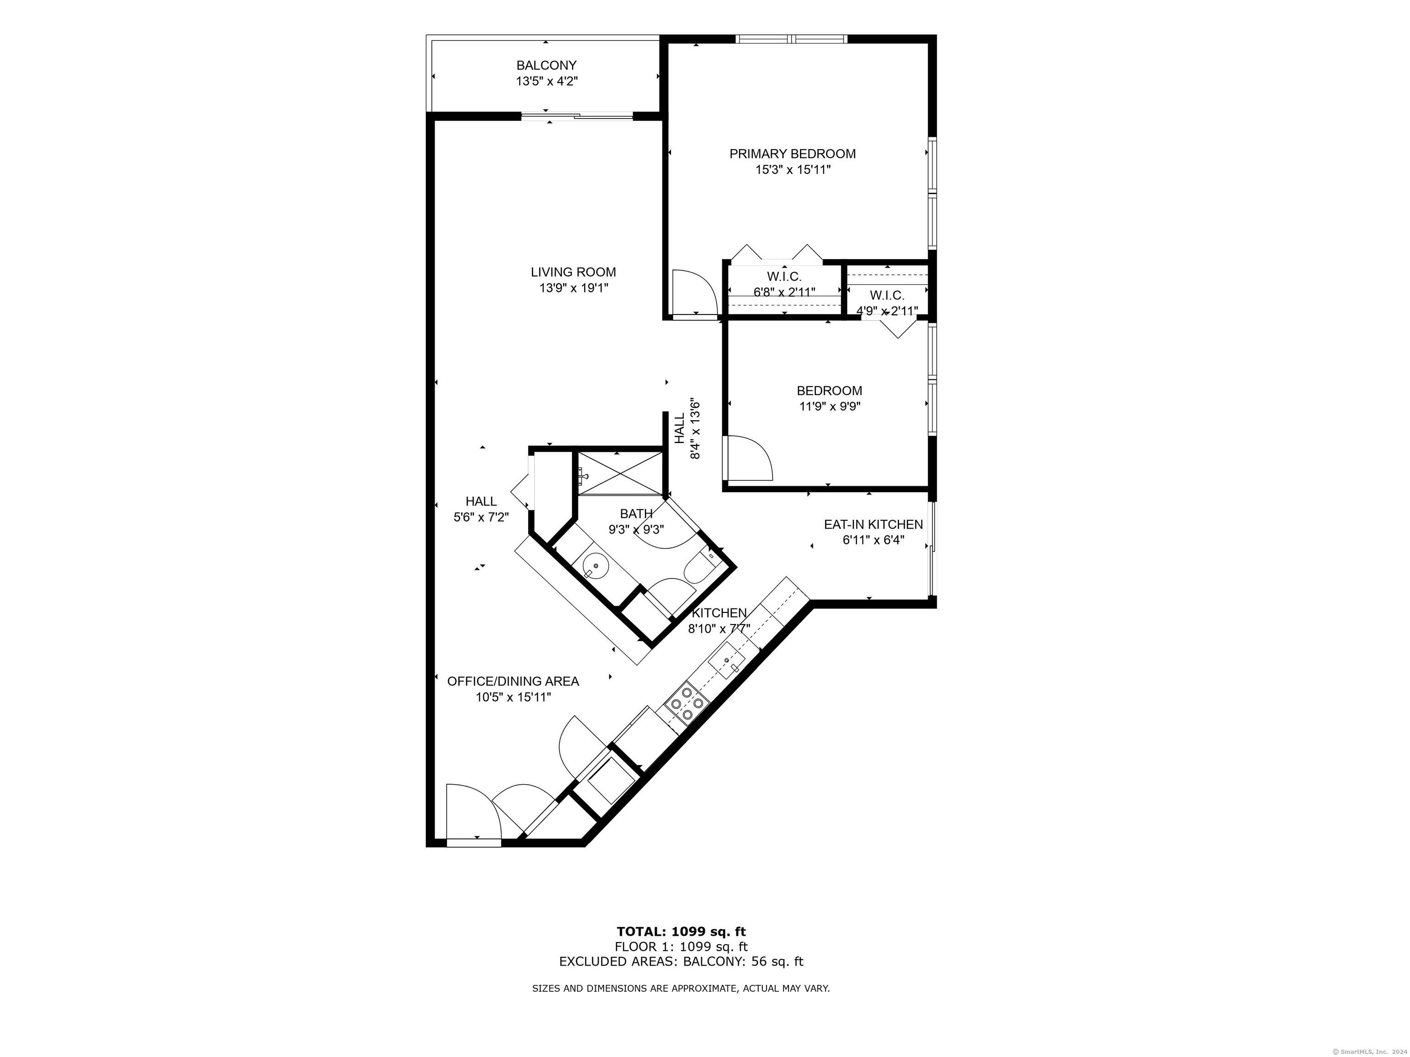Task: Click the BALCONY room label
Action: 546,65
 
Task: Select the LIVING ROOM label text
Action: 573,272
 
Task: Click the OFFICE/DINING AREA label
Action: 513,681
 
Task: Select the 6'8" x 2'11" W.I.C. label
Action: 783,284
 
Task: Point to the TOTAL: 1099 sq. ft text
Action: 680,931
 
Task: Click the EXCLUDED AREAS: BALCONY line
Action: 680,962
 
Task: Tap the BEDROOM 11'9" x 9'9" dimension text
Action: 829,407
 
